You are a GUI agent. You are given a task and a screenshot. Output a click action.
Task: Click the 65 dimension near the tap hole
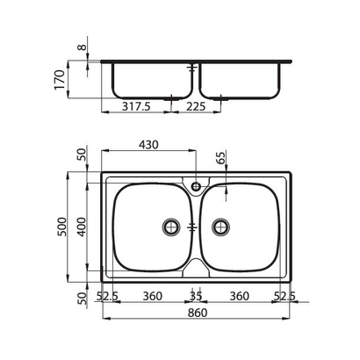220,161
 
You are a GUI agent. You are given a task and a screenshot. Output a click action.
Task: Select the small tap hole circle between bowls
195,185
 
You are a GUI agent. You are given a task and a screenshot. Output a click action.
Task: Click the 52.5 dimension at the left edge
108,296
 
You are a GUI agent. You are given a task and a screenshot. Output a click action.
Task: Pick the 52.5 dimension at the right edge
284,296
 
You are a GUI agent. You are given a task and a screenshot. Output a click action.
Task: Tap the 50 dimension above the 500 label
83,155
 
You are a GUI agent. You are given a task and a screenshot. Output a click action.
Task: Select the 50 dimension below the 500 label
83,297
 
